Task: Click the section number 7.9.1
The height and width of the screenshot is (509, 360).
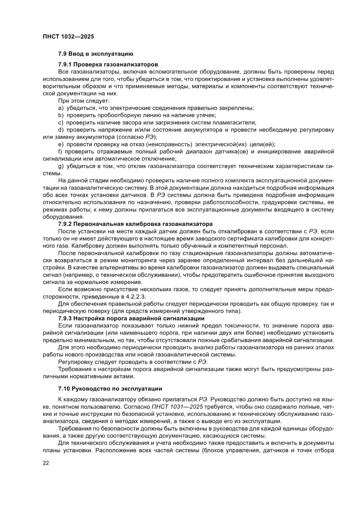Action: point(66,64)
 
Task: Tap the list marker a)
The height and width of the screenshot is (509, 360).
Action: point(61,108)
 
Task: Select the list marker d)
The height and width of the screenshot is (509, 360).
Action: point(61,130)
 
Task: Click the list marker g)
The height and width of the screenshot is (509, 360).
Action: point(61,166)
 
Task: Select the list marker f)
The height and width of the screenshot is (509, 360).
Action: point(61,152)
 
